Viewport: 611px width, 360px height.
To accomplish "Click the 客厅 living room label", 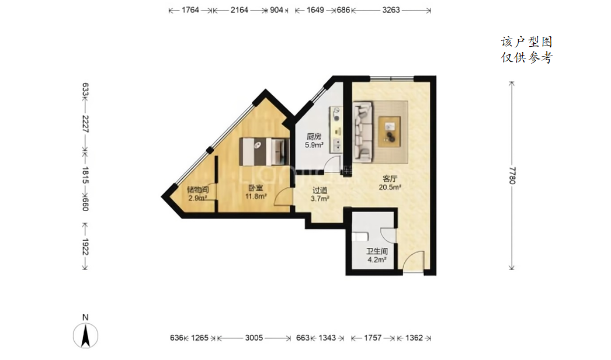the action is (390, 179).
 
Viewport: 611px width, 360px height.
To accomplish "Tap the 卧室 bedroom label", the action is (255, 188).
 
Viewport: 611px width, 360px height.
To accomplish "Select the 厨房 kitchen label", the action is (314, 137).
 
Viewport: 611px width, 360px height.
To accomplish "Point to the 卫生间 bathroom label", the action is (376, 251).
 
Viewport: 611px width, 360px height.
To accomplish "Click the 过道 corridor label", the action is (320, 191).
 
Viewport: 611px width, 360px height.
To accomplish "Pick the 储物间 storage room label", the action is (197, 190).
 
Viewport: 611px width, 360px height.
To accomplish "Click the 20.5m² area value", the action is (390, 187).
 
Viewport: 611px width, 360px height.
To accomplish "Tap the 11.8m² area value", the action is (256, 196).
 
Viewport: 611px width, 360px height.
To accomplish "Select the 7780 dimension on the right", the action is (512, 175).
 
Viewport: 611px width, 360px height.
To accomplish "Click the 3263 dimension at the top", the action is (391, 10).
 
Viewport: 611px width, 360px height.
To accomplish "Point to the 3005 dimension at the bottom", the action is (254, 338).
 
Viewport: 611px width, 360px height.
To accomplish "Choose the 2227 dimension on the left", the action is (85, 124).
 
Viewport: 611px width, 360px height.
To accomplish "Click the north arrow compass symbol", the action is (85, 335).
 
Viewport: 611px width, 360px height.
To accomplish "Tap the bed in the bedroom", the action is (263, 151).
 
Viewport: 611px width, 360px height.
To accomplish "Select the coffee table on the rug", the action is (389, 131).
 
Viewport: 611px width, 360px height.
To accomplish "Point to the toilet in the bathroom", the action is (360, 237).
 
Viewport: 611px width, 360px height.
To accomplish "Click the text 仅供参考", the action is (526, 58).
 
